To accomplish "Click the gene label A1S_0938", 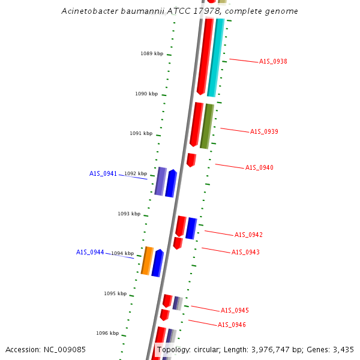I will coord(273,61).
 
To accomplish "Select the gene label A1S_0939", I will coord(264,131).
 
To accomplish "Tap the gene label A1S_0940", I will coord(259,167).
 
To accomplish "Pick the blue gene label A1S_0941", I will coord(103,173).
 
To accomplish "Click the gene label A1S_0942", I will coord(248,235).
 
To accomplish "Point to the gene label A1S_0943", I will coord(245,252).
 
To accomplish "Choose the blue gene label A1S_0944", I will coord(90,252).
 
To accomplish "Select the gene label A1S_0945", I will coord(235,310).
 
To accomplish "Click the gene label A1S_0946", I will coord(232,325).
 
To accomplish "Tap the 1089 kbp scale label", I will coord(152,53).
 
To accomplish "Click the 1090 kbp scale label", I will coord(146,94).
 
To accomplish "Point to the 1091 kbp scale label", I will coord(141,133).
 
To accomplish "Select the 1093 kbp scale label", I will coord(129,214).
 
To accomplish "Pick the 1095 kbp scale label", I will coord(115,293).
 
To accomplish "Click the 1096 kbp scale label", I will coord(107,333).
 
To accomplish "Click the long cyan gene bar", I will coord(215,57).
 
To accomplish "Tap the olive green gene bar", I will coord(206,126).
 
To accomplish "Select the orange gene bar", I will coord(147,260).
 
